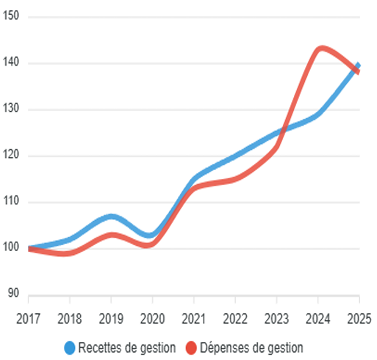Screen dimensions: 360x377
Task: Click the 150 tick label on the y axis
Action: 11,17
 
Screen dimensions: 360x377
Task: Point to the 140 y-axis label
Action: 11,63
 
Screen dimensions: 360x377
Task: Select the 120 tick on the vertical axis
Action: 11,156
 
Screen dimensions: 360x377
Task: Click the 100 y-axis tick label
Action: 11,249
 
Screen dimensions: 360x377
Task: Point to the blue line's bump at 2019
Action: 111,217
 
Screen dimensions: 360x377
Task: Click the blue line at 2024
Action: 318,114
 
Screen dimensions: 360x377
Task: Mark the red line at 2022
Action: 235,179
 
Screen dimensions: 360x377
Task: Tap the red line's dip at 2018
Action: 69,253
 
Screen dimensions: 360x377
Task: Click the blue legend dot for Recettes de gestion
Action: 70,348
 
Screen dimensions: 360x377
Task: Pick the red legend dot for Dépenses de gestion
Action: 191,348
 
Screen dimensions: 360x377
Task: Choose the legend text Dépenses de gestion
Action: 251,348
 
